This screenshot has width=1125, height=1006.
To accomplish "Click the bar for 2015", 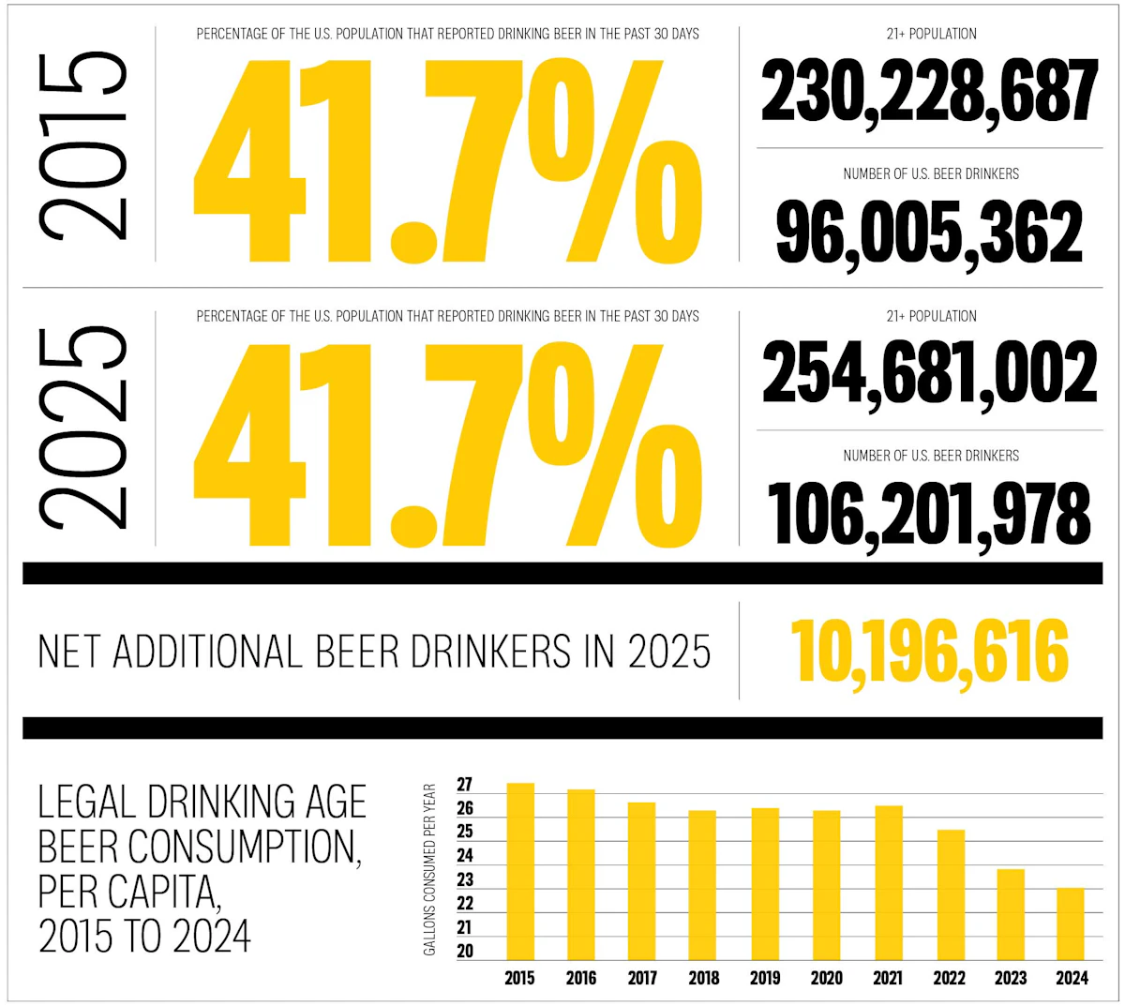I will tap(519, 872).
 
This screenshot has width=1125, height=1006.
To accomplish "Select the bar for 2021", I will tap(888, 883).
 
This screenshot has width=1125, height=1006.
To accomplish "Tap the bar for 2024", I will tap(1071, 923).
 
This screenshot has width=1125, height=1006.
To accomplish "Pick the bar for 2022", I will tap(949, 895).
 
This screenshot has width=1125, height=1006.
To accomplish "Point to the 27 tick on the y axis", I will tap(465, 785).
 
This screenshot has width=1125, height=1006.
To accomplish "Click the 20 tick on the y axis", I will tap(465, 951).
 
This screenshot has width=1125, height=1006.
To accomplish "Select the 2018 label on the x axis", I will tap(704, 978).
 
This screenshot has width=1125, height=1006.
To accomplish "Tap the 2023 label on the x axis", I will tap(1011, 978).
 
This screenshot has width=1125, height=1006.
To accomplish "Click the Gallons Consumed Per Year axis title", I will tap(430, 870).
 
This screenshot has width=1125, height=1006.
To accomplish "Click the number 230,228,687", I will tap(929, 92).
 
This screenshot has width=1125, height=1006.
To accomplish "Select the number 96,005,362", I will tap(929, 233).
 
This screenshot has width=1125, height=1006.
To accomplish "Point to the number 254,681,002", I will tap(929, 373).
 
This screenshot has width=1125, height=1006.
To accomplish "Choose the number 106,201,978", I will tap(929, 514).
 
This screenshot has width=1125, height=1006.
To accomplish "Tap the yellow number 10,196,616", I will tap(929, 652).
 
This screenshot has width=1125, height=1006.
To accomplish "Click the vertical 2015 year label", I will tap(82, 145).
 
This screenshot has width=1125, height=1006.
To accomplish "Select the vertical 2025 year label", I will tap(82, 427).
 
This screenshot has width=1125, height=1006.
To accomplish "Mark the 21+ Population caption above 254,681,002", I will tap(931, 316).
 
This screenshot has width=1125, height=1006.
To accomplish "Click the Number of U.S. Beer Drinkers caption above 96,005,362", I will tap(931, 173).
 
